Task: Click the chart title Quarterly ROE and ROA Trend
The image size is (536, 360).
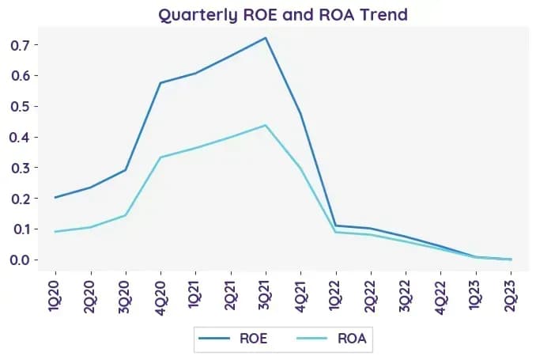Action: pos(283,15)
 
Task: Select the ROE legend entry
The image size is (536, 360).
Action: pos(232,339)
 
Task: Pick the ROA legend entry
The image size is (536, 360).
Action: pos(331,339)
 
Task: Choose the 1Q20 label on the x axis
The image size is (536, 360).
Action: pos(55,296)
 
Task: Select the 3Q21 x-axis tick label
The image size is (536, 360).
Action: pos(266,295)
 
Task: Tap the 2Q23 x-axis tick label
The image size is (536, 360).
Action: pos(511,296)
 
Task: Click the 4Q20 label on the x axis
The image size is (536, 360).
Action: pos(160,297)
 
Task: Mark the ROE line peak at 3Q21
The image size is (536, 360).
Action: pos(266,38)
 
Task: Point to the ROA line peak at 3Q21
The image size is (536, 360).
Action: pos(266,125)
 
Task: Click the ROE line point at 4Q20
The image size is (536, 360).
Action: pos(160,83)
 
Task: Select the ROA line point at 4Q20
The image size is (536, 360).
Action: pos(160,157)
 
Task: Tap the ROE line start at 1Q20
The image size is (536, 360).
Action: pos(55,198)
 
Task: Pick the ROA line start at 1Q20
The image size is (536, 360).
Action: pos(55,232)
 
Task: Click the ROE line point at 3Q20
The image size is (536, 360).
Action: pos(126,170)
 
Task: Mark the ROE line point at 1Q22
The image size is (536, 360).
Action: pos(336,225)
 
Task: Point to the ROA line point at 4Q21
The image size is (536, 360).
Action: pos(300,168)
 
